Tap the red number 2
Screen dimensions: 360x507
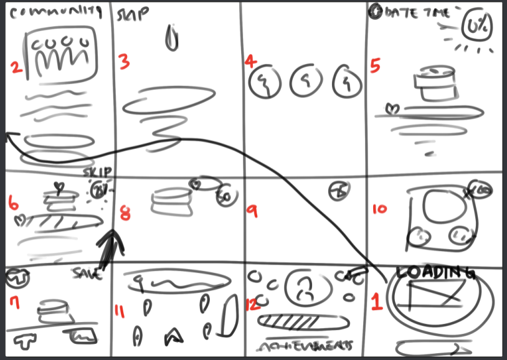16,69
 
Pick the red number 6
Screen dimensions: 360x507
13,202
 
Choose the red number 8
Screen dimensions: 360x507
125,213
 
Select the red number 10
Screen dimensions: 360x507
379,209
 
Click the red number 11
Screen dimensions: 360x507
122,310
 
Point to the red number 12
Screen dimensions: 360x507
252,304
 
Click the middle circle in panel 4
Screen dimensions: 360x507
305,81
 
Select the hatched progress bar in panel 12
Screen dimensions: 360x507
296,321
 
